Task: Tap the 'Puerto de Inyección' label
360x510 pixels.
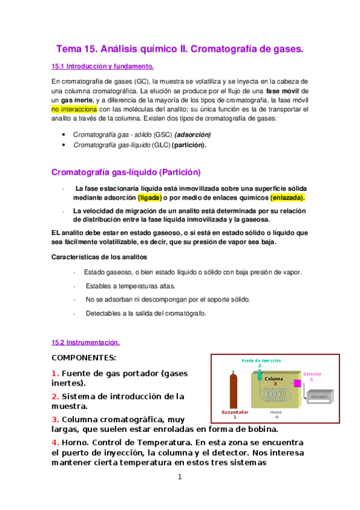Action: coord(261,360)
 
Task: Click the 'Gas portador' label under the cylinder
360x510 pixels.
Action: coord(234,413)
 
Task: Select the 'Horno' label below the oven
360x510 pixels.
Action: coord(276,413)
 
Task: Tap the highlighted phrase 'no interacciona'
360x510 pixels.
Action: coord(74,109)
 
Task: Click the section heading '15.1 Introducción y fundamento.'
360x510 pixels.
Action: coord(103,66)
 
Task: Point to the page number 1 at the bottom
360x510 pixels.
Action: coord(179,478)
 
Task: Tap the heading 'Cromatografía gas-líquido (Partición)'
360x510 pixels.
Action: coord(126,171)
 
